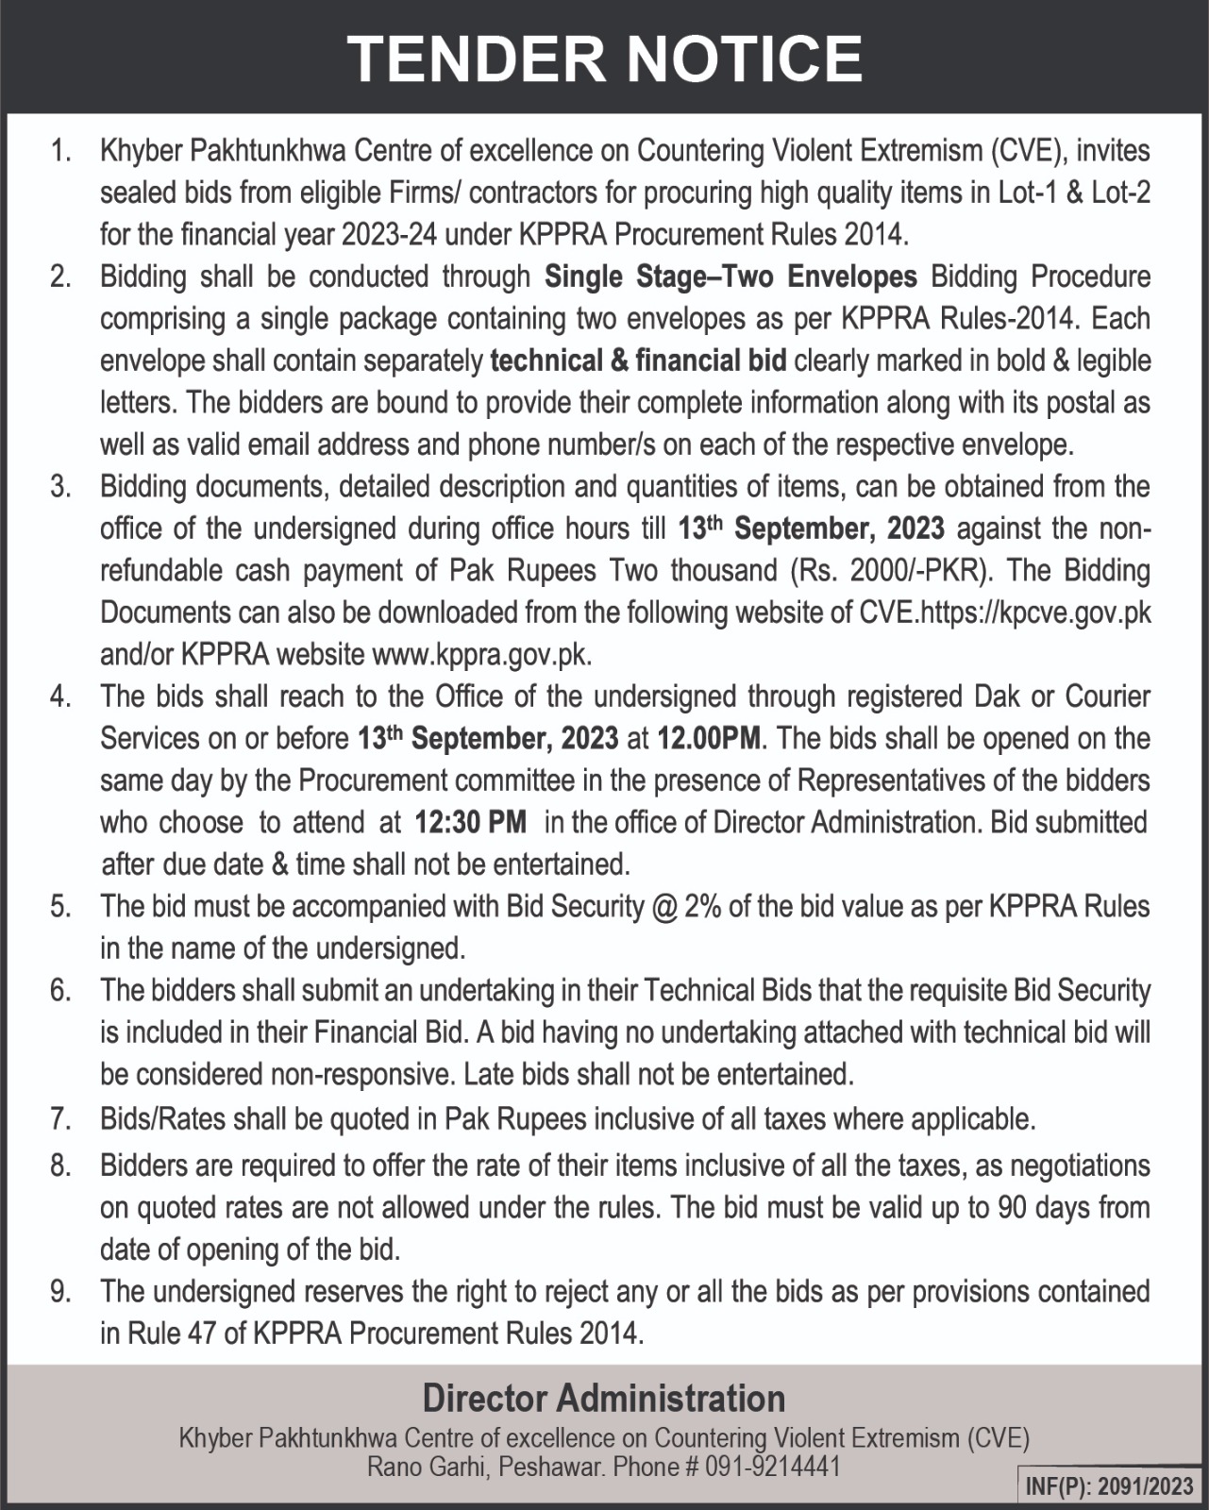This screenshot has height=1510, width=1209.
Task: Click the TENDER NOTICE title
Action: tap(604, 59)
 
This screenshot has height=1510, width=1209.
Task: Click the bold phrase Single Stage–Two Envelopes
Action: tap(731, 277)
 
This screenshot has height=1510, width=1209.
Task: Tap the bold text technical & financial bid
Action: tap(639, 361)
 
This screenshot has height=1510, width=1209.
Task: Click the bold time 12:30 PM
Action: tap(470, 822)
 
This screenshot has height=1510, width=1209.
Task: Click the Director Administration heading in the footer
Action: tap(604, 1397)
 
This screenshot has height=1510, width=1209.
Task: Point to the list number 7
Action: tap(61, 1119)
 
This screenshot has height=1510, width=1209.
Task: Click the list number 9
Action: tap(61, 1291)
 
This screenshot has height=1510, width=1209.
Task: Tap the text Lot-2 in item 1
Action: tap(1120, 193)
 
